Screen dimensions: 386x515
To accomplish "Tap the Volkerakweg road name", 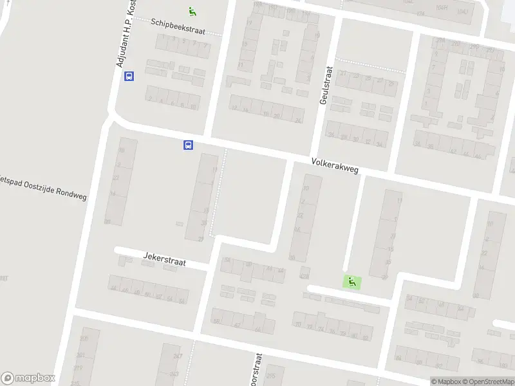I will [334, 166].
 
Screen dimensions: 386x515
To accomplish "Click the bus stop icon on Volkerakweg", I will [188, 145].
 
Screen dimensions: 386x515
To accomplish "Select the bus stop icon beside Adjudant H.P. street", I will [129, 77].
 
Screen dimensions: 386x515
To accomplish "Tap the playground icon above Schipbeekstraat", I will [192, 11].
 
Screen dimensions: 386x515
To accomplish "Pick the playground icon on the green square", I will [351, 281].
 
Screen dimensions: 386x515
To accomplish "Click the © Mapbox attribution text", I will [446, 381].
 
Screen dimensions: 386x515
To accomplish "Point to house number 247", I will [178, 356].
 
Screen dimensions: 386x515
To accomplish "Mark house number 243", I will [174, 374].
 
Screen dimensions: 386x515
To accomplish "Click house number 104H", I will [441, 8].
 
